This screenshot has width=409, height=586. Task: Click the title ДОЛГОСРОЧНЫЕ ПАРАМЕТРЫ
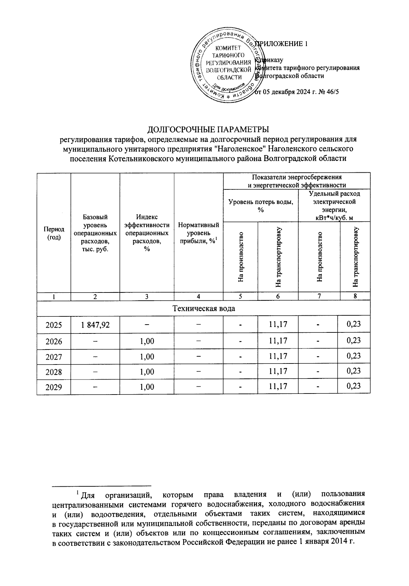208,130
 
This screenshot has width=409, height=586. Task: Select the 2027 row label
54,357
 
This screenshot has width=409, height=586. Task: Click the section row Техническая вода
203,309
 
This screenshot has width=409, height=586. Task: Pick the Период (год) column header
54,233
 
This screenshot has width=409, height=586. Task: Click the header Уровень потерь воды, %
261,205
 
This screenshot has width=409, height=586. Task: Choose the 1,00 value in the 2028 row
147,372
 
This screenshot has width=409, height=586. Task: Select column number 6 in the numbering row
278,297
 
